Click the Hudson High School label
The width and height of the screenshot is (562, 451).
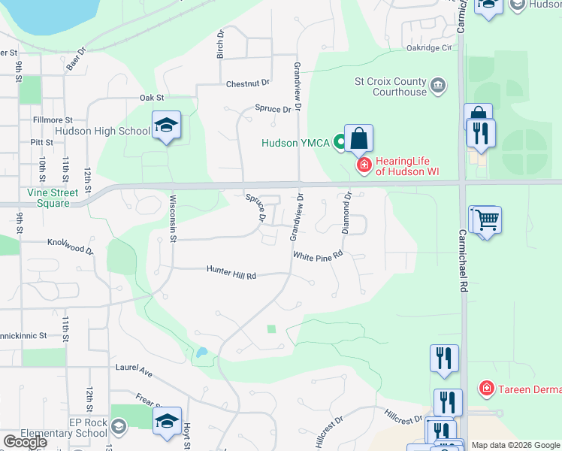pyautogui.click(x=102, y=131)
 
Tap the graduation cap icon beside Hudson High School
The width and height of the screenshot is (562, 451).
pyautogui.click(x=166, y=126)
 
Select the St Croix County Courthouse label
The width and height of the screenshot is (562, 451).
pyautogui.click(x=391, y=86)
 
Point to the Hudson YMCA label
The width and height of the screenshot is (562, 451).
pyautogui.click(x=295, y=143)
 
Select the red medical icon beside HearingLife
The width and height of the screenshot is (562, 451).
pyautogui.click(x=364, y=165)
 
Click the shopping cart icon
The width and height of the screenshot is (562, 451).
pyautogui.click(x=485, y=220)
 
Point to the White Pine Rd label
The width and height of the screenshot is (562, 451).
pyautogui.click(x=318, y=256)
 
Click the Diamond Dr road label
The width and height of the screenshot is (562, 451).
pyautogui.click(x=347, y=213)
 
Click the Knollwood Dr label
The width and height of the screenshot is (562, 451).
pyautogui.click(x=70, y=246)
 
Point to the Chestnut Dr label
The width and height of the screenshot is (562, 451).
pyautogui.click(x=247, y=83)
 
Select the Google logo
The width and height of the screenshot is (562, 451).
pyautogui.click(x=25, y=442)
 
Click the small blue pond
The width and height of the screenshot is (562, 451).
pyautogui.click(x=201, y=352)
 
